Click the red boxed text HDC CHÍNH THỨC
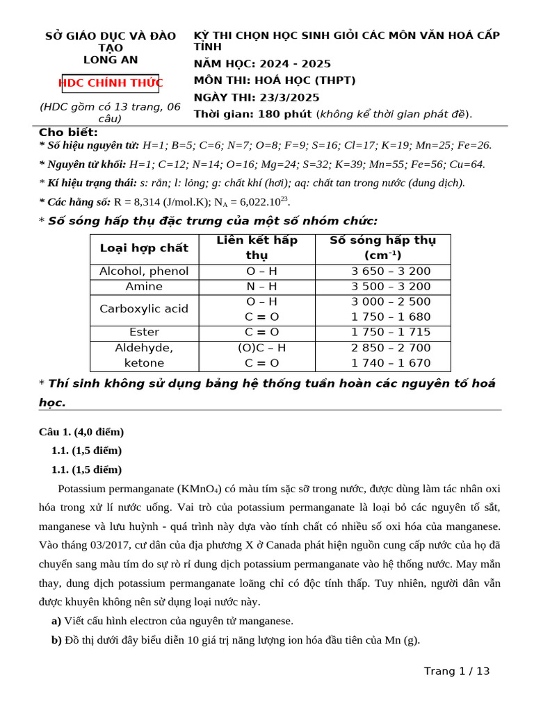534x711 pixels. coord(111,83)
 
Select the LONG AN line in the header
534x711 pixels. coord(111,60)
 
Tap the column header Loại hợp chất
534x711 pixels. coord(144,248)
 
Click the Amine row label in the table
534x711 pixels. coord(144,286)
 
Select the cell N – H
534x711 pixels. coord(261,286)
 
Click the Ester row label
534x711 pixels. coord(144,332)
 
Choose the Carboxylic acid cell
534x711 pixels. coord(144,309)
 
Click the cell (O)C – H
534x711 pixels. coord(261,347)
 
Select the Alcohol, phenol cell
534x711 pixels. coord(144,271)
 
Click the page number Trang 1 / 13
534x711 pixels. coord(457,671)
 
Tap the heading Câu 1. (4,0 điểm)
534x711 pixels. coord(81,432)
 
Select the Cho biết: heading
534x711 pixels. coord(68,132)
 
